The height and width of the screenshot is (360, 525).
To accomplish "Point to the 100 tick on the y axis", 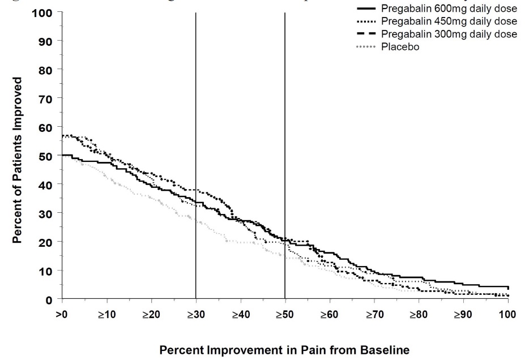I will click(46, 12).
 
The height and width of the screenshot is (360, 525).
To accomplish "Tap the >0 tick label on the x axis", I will click(62, 315).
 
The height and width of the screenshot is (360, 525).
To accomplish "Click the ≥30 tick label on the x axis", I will click(195, 315).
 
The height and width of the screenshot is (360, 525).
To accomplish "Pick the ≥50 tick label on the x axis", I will click(284, 315).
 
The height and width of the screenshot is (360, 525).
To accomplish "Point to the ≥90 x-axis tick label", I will click(462, 315).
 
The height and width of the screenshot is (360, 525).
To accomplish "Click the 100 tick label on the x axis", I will click(507, 315).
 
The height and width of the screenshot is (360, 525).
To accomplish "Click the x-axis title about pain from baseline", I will click(284, 350).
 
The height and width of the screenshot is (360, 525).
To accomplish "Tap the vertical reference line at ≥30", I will click(195, 113).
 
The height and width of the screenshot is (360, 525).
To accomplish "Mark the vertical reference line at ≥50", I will click(284, 113).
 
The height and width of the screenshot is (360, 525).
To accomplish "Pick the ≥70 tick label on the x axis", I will click(373, 315).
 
